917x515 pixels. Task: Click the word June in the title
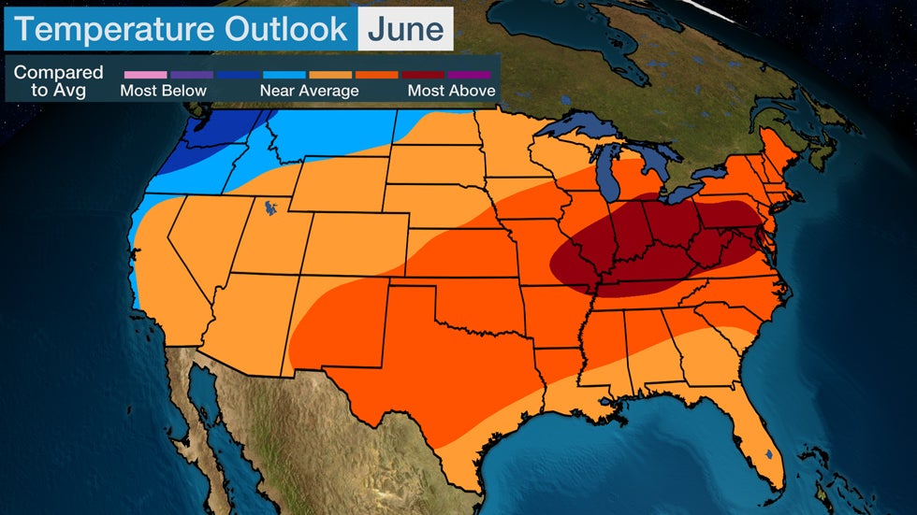tap(405, 29)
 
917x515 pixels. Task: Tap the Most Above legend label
tap(452, 91)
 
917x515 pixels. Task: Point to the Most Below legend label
tap(163, 91)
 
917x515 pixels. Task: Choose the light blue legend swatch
tap(284, 74)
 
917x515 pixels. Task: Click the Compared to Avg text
tap(58, 82)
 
